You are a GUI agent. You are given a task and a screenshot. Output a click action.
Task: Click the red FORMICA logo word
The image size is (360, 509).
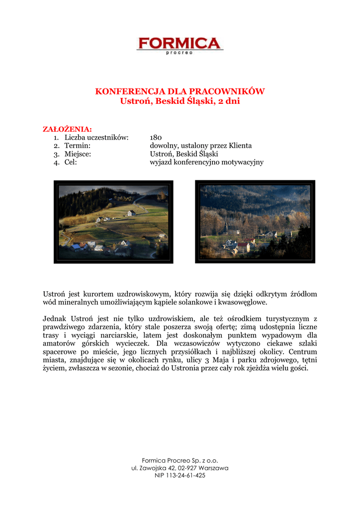pyautogui.click(x=180, y=43)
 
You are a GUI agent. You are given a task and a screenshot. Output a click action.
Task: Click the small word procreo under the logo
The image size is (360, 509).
pyautogui.click(x=180, y=53)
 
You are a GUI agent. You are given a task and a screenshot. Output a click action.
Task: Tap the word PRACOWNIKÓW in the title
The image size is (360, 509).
pyautogui.click(x=235, y=91)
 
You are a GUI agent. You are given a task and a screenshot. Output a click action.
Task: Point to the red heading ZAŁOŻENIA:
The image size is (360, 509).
pyautogui.click(x=67, y=129)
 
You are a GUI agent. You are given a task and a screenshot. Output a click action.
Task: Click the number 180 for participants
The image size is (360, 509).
pyautogui.click(x=156, y=137)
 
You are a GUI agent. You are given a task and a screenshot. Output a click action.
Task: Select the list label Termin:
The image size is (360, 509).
pyautogui.click(x=77, y=146)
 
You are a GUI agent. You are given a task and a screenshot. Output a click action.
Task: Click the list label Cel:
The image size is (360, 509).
pyautogui.click(x=71, y=163)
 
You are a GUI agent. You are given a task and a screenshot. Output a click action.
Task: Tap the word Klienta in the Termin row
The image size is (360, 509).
pyautogui.click(x=240, y=146)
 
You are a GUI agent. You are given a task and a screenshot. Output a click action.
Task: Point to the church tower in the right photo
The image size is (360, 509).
pyautogui.click(x=226, y=226)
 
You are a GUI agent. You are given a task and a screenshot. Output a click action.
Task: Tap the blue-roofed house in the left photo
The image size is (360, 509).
pyautogui.click(x=76, y=246)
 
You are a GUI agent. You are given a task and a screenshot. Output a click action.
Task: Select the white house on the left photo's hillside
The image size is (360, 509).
pyautogui.click(x=131, y=213)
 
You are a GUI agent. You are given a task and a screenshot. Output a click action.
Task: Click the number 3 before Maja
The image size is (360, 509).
pyautogui.click(x=213, y=360)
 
